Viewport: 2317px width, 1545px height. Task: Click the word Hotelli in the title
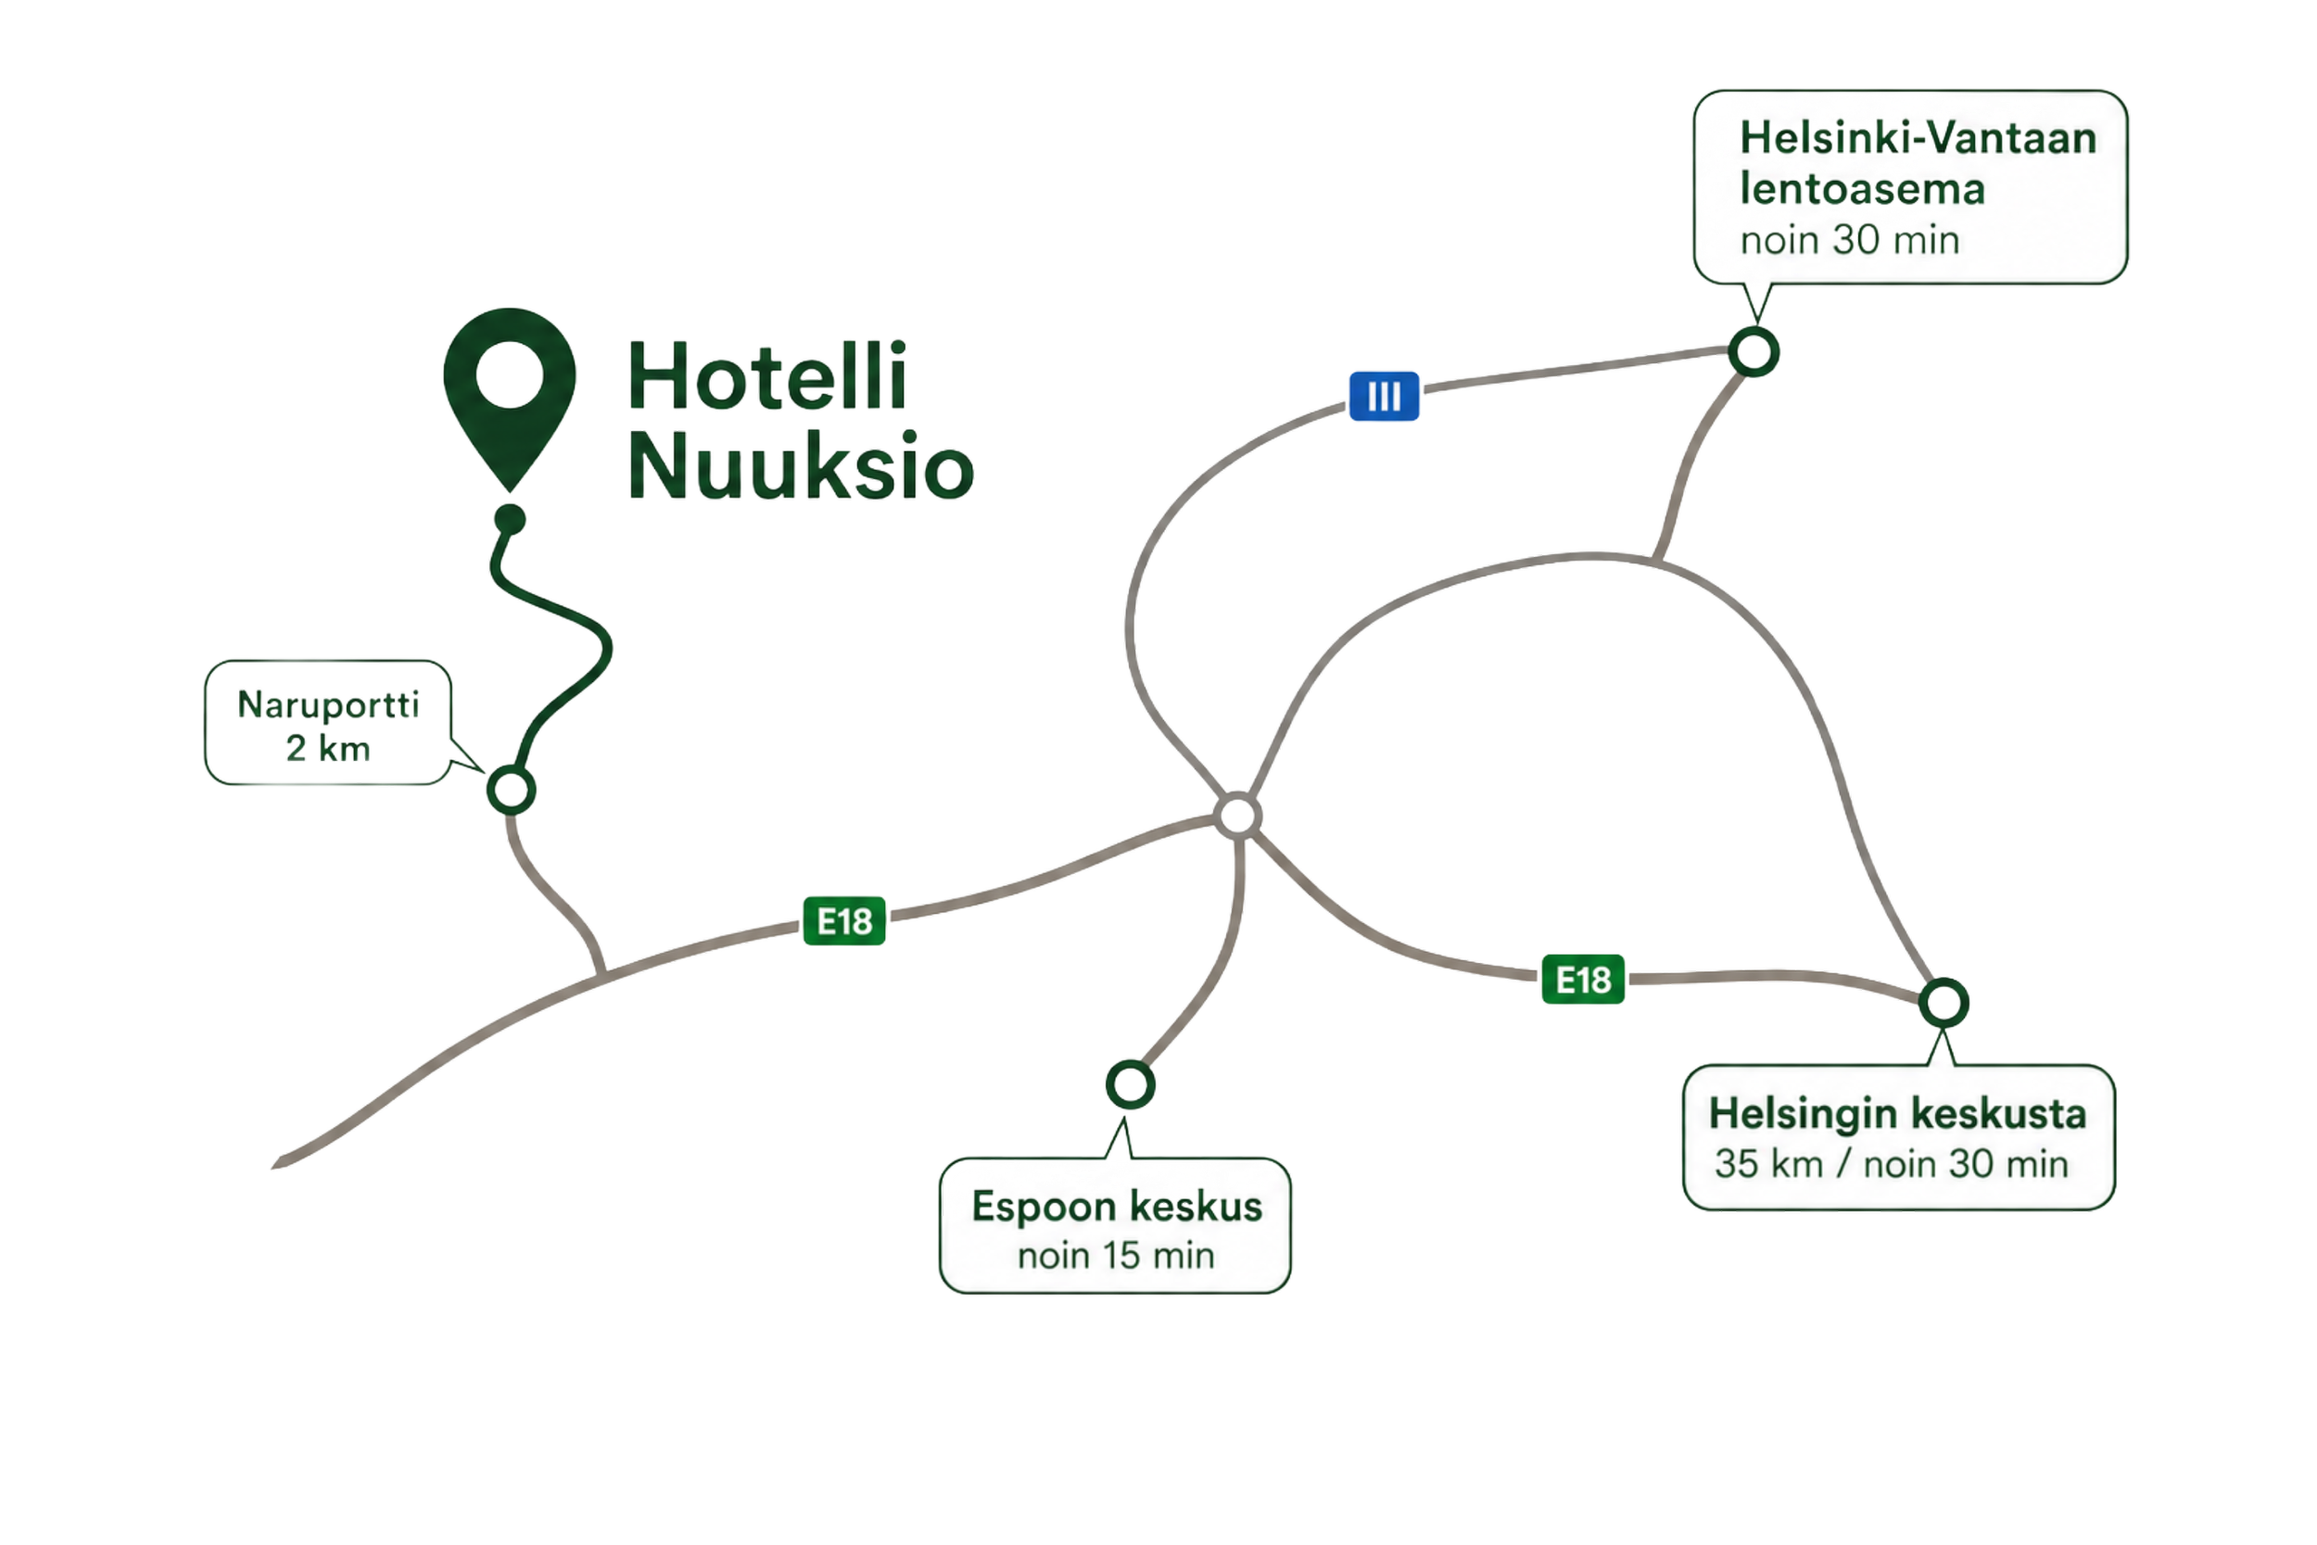click(767, 376)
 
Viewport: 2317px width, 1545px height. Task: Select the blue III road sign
click(1384, 396)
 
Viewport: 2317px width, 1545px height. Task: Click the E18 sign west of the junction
click(844, 921)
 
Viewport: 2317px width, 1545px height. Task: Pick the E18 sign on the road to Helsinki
click(1583, 981)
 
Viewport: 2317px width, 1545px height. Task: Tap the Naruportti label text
click(328, 705)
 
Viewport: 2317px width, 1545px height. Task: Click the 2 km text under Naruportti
click(328, 749)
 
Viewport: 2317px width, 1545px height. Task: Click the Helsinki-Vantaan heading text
click(1917, 139)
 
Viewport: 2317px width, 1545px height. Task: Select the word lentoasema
click(1862, 188)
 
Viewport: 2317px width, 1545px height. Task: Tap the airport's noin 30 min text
click(1849, 240)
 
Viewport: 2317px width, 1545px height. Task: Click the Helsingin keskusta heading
click(1897, 1114)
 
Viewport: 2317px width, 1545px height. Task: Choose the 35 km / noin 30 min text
click(1891, 1165)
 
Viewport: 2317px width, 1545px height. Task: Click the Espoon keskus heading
click(1116, 1207)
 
